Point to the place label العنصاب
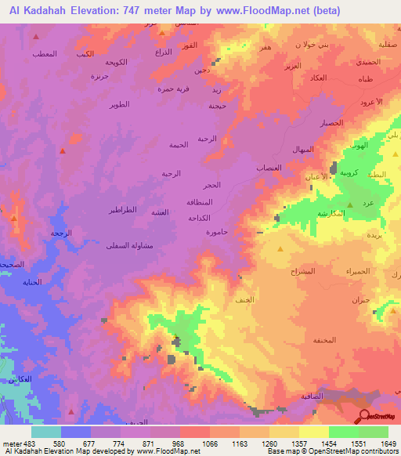tap(269, 168)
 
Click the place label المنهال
tap(302, 149)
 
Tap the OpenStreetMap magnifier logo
tap(365, 416)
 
